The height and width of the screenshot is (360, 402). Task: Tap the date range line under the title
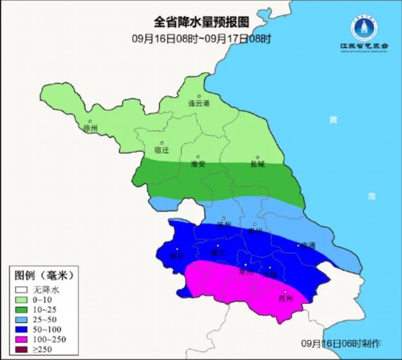click(191, 39)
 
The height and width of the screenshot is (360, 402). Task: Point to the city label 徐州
click(90, 128)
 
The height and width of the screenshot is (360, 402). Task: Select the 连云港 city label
click(198, 104)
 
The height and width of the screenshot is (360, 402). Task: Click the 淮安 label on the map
click(199, 164)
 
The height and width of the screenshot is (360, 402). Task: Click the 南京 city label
click(175, 256)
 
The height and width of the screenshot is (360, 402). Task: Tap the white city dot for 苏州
click(285, 291)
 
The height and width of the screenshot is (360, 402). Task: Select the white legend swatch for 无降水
click(18, 288)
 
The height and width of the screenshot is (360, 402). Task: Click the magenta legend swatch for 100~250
click(18, 339)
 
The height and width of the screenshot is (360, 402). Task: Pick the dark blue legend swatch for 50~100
click(18, 329)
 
